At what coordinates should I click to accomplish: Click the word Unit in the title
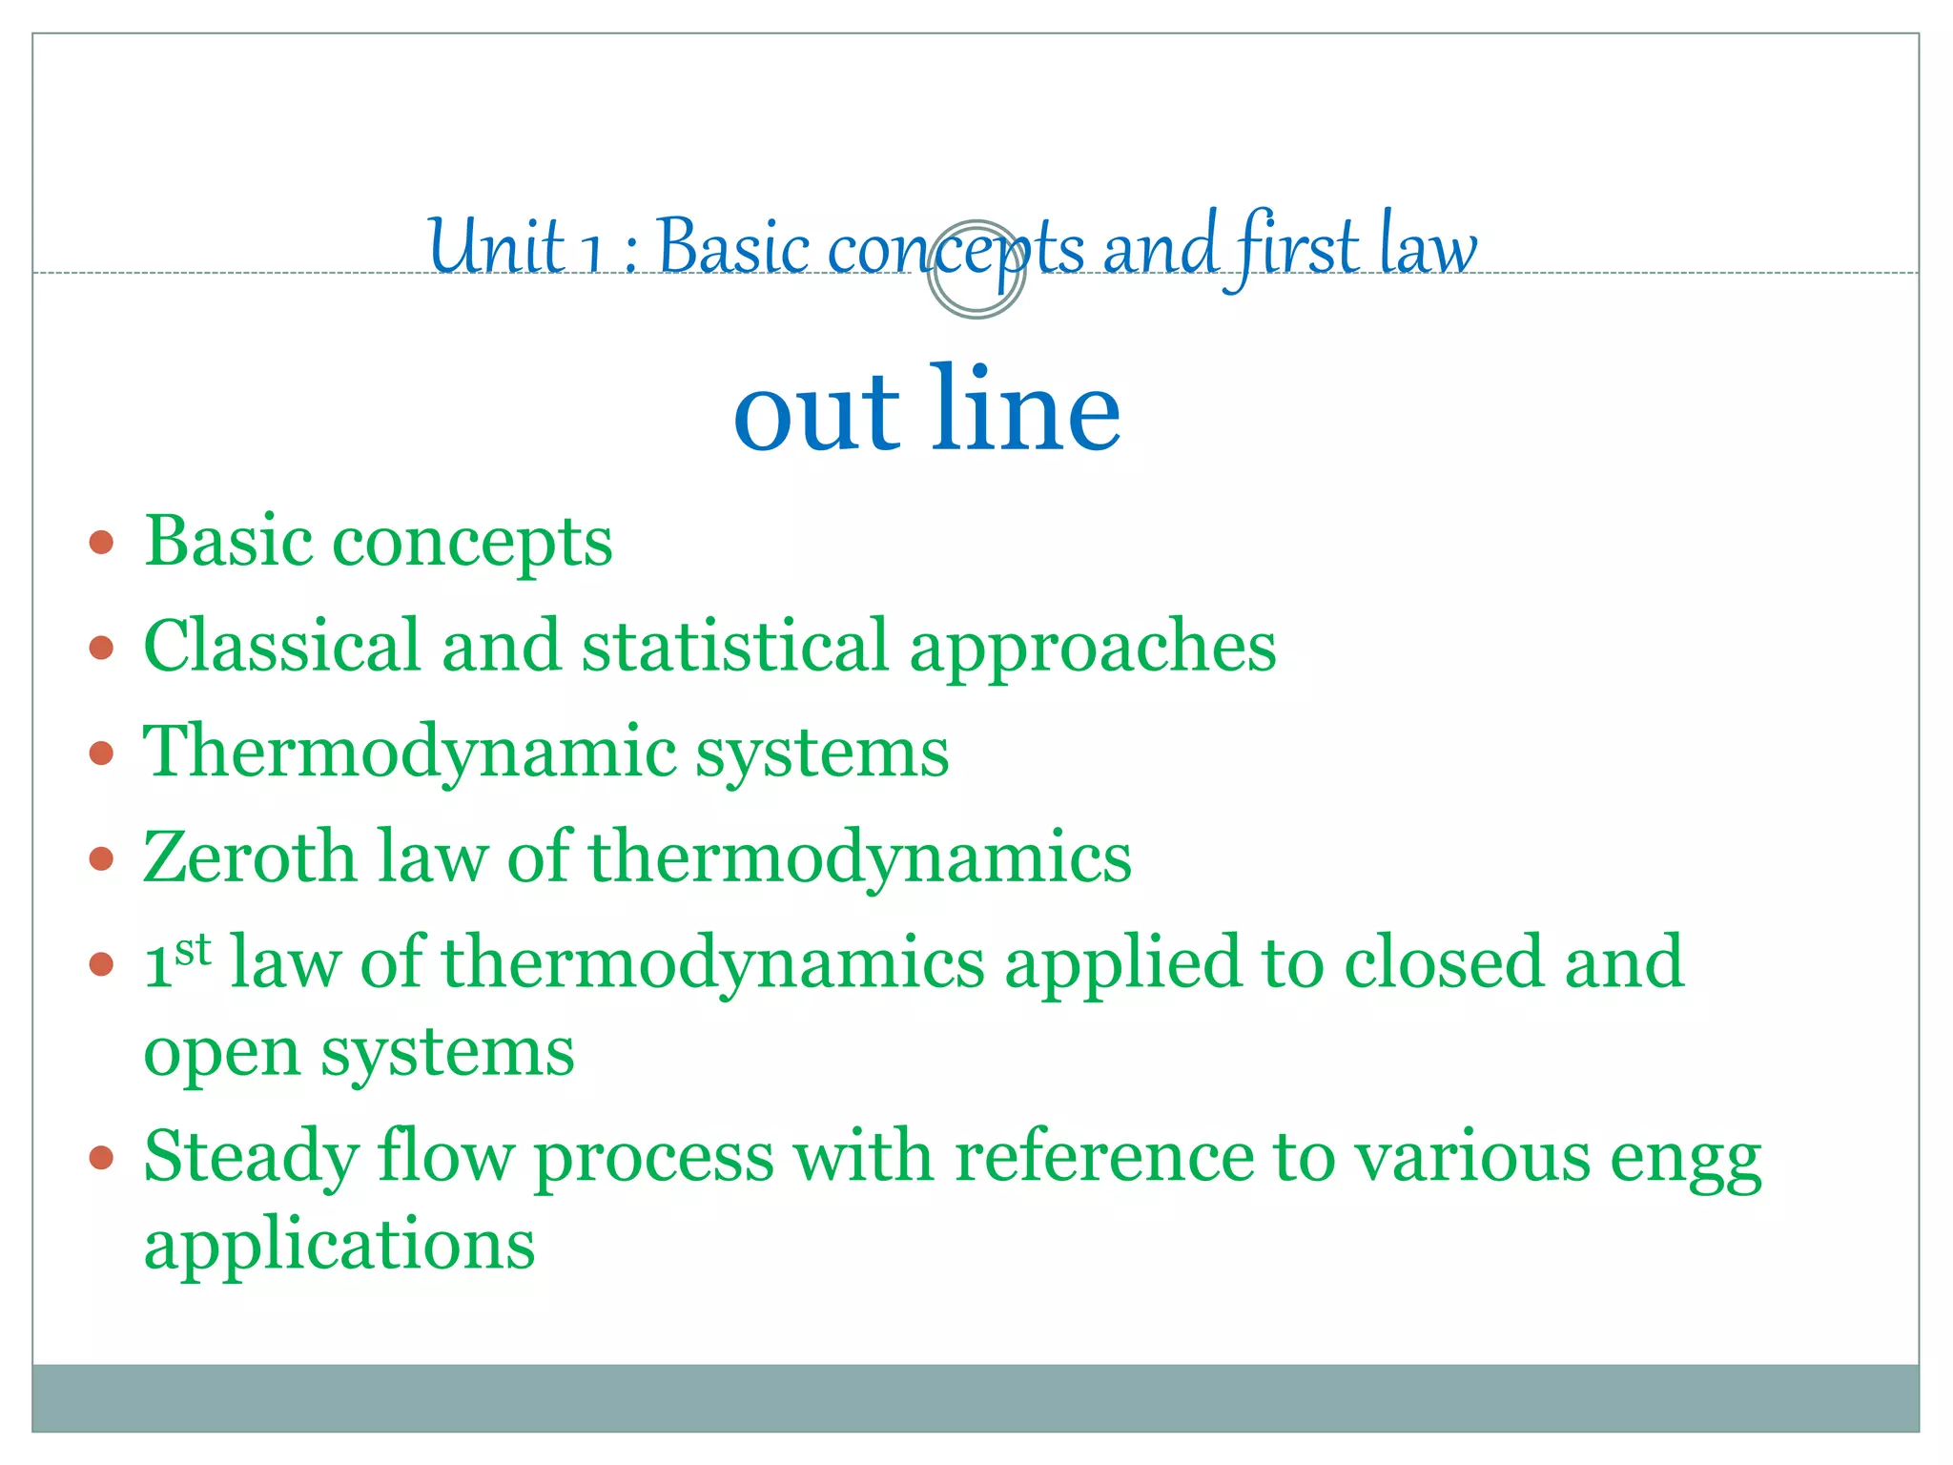coord(496,245)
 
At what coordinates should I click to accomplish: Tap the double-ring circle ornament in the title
coord(976,269)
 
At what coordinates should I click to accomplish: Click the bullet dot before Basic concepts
coord(101,544)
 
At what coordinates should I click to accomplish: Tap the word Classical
coord(281,646)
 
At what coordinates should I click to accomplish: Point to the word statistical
coord(735,646)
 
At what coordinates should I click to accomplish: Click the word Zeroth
coord(249,856)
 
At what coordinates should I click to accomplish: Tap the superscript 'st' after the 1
coord(193,949)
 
